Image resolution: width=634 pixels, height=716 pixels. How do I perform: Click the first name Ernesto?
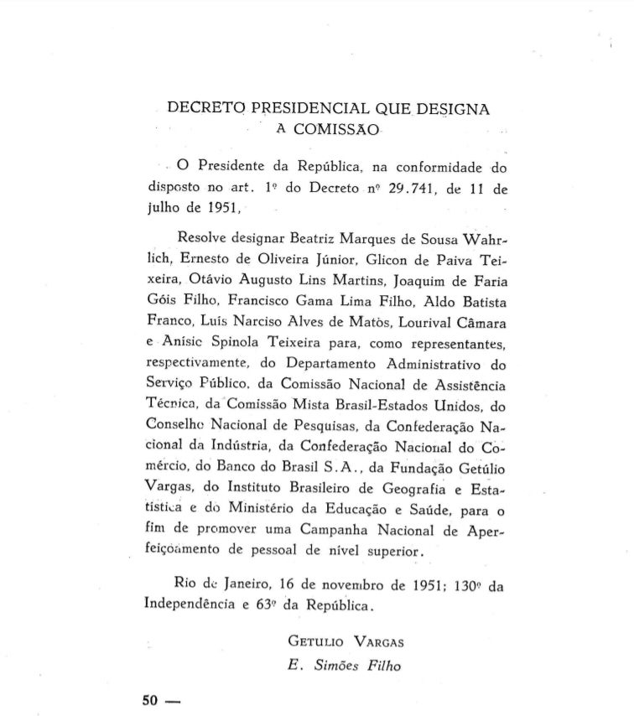(205, 258)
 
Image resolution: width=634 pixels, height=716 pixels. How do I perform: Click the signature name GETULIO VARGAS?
(346, 642)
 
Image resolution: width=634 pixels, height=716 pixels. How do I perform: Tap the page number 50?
(151, 700)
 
